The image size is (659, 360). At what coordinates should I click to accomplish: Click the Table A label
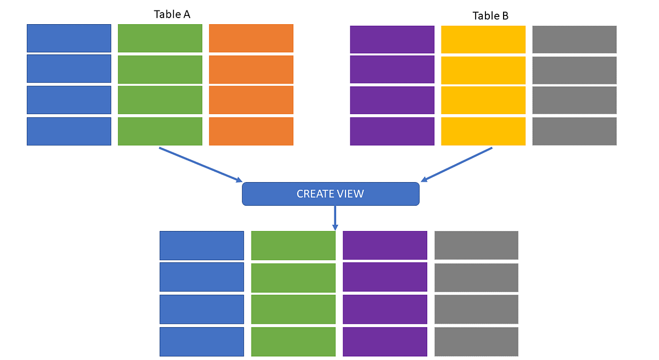coord(172,14)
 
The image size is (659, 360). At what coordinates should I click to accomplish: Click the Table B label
coord(490,16)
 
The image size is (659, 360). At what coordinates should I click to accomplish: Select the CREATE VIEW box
coord(331,194)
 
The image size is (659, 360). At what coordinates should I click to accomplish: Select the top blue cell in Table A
coord(69,38)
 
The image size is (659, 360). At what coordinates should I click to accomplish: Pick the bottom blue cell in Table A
coord(69,131)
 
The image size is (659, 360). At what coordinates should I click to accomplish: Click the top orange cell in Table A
coord(251,38)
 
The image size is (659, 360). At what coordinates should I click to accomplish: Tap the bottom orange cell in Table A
coord(251,131)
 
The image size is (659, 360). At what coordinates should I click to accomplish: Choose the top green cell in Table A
coord(160,38)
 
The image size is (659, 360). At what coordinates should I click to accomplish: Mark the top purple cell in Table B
coord(392,40)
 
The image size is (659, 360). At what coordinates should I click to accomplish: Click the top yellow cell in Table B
coord(483,40)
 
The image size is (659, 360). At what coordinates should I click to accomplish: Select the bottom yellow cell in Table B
coord(483,131)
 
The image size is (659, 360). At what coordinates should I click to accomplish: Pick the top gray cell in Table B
coord(574,40)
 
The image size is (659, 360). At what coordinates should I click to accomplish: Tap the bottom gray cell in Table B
coord(574,131)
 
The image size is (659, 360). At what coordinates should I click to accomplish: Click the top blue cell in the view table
coord(202,245)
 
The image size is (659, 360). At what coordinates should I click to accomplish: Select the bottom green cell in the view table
coord(293,341)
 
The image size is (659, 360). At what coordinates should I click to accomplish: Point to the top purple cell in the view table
coord(385,245)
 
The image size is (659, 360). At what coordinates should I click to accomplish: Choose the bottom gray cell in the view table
coord(476,341)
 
